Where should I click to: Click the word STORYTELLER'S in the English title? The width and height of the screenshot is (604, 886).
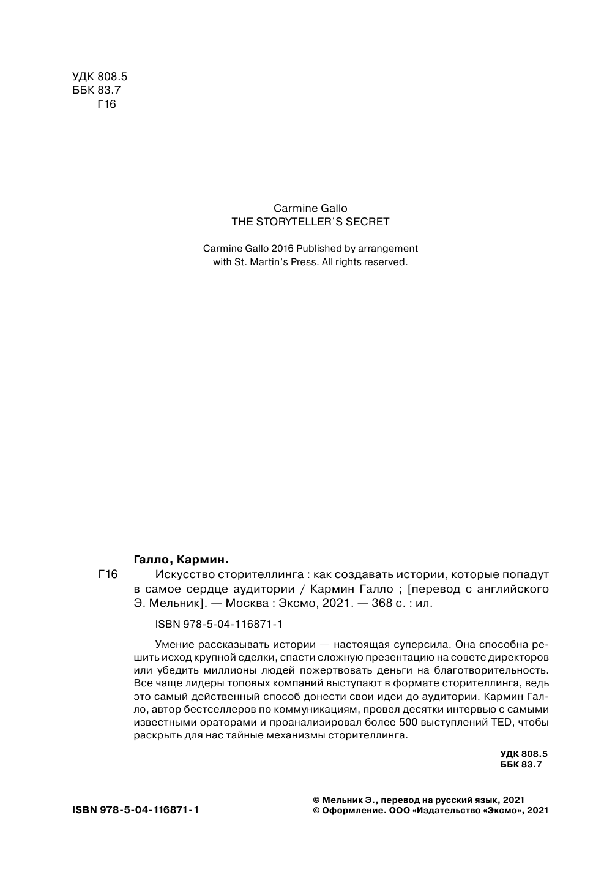(302, 222)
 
